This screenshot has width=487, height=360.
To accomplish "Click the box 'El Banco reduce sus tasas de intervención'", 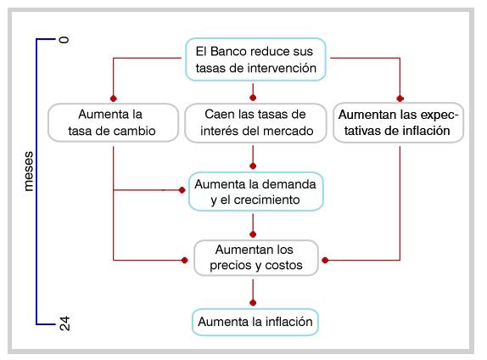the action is (255, 59).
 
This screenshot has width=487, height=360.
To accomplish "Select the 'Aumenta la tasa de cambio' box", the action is (113, 122).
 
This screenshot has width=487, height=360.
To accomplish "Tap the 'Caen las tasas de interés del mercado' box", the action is (255, 123).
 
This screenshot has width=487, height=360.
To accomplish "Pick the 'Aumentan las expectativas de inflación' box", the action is (398, 122).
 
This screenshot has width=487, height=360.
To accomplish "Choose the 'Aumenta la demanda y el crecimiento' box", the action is (256, 192).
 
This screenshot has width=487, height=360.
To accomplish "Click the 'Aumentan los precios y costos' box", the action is (256, 258).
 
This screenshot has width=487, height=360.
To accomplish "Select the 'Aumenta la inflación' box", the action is (255, 322).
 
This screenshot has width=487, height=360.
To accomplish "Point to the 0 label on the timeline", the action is (64, 40).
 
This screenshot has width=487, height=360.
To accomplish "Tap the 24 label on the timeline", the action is (64, 323).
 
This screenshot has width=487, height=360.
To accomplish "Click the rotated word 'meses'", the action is (28, 172).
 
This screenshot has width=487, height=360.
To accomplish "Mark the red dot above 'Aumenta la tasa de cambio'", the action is (114, 98).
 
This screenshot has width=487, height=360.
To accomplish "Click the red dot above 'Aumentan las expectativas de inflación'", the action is (400, 98).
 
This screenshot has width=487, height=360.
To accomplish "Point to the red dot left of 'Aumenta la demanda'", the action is (182, 190).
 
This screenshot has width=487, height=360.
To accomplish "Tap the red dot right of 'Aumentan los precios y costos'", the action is (325, 260).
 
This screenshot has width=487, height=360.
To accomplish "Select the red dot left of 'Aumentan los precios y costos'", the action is (184, 260).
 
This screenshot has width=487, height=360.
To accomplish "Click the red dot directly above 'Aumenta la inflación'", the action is (253, 302).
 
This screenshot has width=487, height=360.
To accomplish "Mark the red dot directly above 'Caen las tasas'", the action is (253, 98).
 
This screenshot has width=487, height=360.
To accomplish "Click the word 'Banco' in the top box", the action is (228, 51).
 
